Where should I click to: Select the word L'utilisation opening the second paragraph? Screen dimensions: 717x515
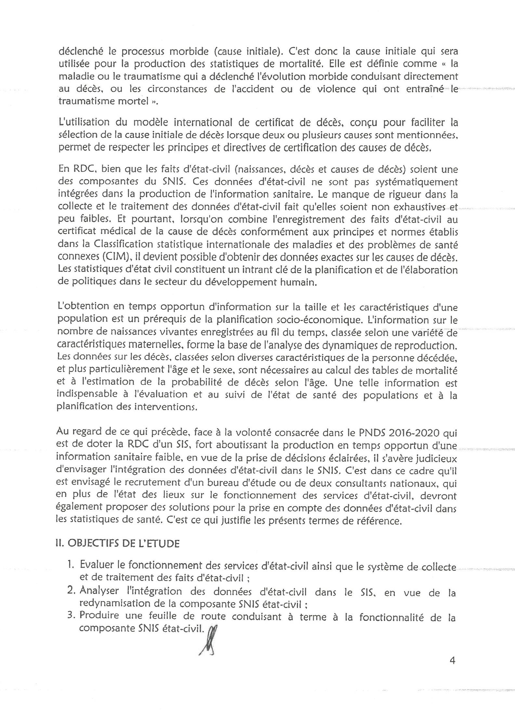pos(84,122)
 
